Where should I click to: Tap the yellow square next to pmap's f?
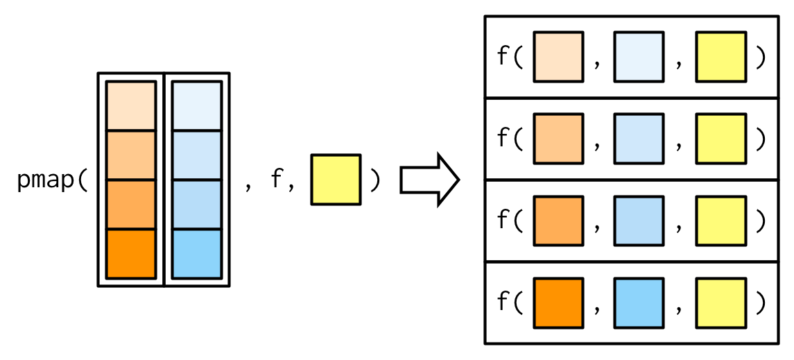(336, 180)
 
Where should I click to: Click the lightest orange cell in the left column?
(131, 106)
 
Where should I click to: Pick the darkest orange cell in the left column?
(131, 253)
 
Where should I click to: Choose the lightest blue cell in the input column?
(197, 106)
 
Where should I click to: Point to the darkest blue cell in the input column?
(197, 253)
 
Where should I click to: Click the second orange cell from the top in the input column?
(131, 155)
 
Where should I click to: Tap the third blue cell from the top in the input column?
(197, 205)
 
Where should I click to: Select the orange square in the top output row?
(558, 57)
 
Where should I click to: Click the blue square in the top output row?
(639, 57)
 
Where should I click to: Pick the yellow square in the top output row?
(720, 57)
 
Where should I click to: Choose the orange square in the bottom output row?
(558, 302)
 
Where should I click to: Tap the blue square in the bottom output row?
(639, 302)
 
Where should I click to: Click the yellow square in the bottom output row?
(720, 302)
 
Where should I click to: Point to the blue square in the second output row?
(639, 139)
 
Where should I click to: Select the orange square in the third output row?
(558, 221)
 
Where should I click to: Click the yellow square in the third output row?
(720, 221)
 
